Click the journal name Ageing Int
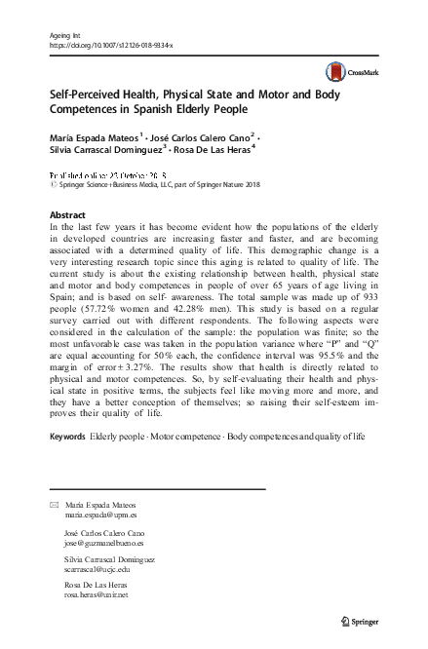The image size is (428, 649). pyautogui.click(x=63, y=35)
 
